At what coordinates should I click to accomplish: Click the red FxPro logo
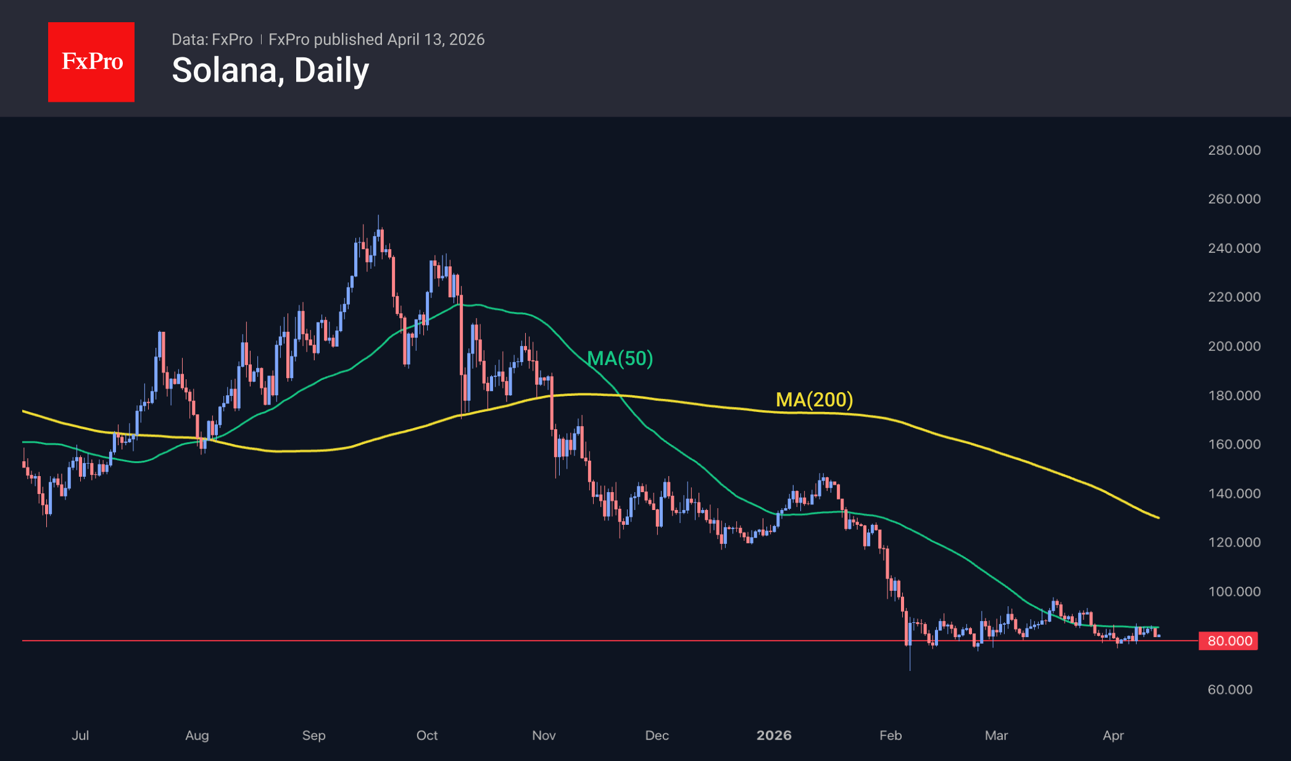[91, 62]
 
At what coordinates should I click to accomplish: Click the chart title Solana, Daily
[270, 70]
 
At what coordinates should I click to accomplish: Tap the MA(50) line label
[620, 358]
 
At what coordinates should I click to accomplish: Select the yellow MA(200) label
[814, 400]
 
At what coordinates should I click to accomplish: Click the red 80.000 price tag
[1229, 641]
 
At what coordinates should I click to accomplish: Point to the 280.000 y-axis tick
[1234, 150]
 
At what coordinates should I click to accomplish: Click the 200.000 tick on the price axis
[1234, 346]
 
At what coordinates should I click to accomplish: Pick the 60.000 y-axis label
[1230, 689]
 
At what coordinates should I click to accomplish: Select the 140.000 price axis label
[1234, 493]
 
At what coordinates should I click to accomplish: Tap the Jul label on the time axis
[80, 735]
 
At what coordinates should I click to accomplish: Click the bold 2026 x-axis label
[774, 735]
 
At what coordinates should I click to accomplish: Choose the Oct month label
[427, 735]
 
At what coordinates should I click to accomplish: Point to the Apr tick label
[1113, 735]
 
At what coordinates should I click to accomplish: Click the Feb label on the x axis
[890, 735]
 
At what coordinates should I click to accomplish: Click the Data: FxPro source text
[212, 39]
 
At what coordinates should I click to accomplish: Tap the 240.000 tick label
[1234, 248]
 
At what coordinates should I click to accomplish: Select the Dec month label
[657, 735]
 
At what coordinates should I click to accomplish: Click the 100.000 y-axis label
[1234, 591]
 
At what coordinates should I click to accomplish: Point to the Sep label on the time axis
[313, 735]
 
